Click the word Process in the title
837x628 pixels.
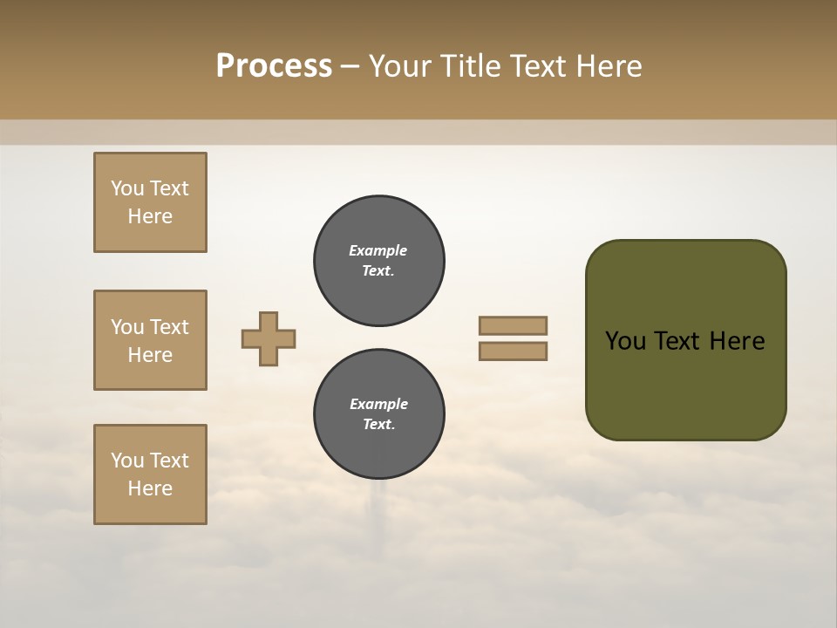click(274, 65)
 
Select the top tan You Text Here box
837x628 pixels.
click(150, 202)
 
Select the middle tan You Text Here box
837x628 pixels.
click(150, 340)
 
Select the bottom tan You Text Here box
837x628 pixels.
click(150, 474)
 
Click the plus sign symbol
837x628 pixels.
click(269, 338)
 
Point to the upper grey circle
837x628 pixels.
click(379, 261)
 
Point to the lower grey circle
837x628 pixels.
click(379, 414)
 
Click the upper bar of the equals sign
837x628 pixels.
click(514, 325)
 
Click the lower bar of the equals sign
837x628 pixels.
click(514, 352)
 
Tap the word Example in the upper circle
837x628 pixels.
click(378, 250)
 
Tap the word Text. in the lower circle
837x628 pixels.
click(378, 425)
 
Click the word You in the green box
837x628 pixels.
click(626, 341)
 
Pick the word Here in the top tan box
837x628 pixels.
click(150, 216)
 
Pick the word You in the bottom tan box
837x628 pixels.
click(127, 461)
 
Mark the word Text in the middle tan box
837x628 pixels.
click(169, 327)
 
